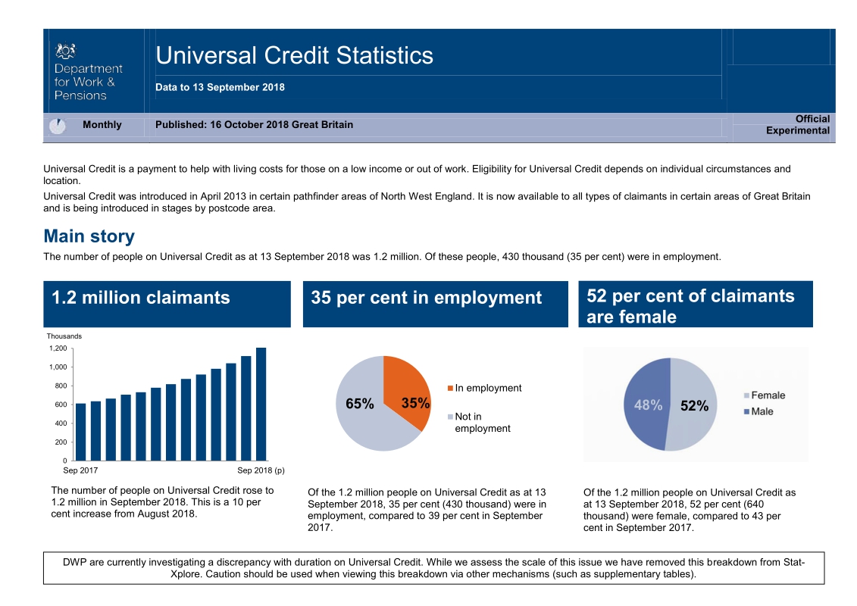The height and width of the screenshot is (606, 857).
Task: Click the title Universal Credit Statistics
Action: (294, 55)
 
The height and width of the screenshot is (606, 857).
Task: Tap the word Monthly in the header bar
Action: (102, 125)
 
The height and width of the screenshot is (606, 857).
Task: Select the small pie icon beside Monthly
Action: (57, 126)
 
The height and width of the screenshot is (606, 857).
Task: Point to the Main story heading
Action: (89, 236)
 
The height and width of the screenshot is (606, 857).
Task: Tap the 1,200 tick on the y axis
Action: (58, 348)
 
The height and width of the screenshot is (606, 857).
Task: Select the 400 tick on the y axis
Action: (61, 423)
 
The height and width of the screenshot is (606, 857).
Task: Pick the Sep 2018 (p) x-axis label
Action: (260, 470)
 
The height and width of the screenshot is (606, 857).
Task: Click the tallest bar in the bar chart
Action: (261, 404)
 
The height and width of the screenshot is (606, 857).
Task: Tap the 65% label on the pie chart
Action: (360, 405)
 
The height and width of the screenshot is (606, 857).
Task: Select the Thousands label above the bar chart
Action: (64, 336)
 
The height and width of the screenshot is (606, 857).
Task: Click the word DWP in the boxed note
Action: (74, 562)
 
